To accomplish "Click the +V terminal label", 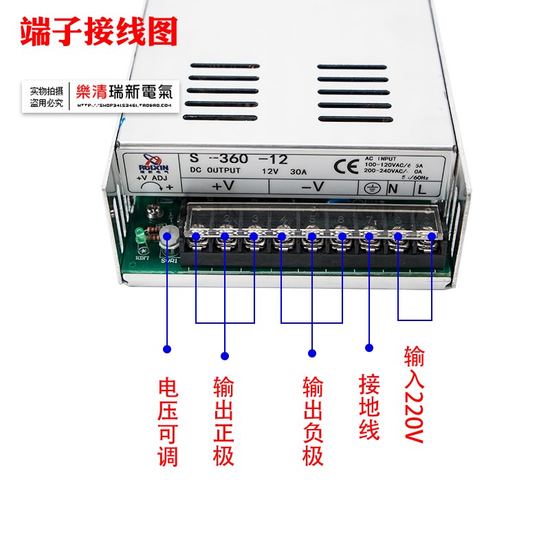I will (x=224, y=186).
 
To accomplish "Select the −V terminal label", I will (x=313, y=186).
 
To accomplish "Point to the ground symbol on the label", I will (x=368, y=188).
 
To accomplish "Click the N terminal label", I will (x=395, y=188).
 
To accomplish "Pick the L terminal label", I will (x=421, y=188).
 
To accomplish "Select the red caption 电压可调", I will (x=168, y=422).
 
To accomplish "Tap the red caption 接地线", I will (x=369, y=407).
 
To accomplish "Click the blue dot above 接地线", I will (x=369, y=348).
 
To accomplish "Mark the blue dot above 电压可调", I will (x=167, y=349).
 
